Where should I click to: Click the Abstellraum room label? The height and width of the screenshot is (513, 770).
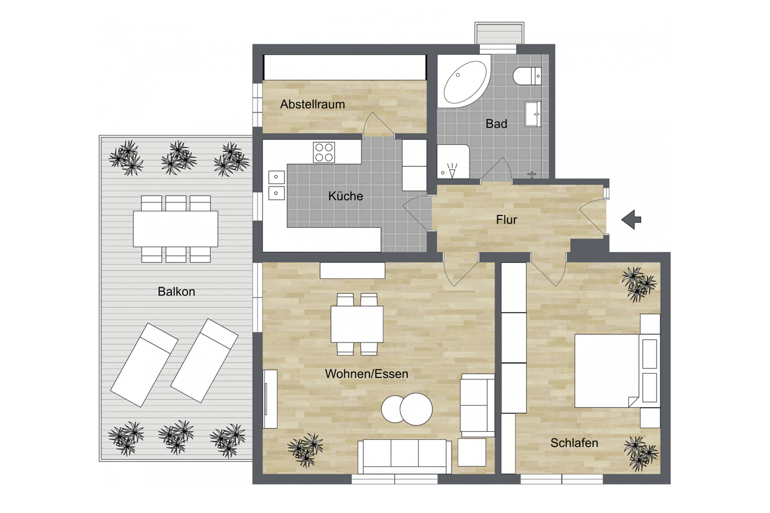312,105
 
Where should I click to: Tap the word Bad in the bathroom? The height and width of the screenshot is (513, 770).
496,124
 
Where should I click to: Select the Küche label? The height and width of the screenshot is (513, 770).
346,196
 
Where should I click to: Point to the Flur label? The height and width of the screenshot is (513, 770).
506,220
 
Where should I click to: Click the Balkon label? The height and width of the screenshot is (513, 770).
176,291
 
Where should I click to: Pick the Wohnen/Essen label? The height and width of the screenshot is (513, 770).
367,374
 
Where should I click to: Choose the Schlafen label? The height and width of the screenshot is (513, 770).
574,443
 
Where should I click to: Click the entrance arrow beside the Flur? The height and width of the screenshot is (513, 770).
631,220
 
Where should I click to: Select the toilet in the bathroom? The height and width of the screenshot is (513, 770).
527,76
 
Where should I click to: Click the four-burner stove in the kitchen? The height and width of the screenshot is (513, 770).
324,152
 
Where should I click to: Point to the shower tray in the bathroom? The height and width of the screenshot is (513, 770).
453,161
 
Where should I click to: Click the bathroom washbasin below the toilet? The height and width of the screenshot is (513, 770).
533,114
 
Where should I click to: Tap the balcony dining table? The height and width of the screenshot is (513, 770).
176,229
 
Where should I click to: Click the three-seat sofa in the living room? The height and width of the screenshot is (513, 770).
405,456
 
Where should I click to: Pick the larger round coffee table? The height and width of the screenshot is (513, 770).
416,410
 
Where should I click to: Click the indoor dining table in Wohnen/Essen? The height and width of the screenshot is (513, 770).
357,325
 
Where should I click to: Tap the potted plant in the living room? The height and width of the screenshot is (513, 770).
306,450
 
